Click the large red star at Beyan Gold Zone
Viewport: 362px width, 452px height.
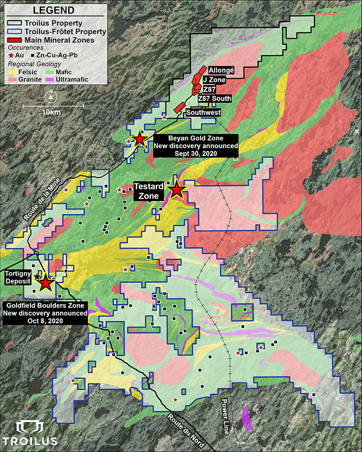pyautogui.click(x=139, y=139)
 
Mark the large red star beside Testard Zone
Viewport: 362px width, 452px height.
pyautogui.click(x=177, y=190)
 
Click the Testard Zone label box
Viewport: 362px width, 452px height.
pyautogui.click(x=149, y=191)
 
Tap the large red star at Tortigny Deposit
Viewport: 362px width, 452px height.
pyautogui.click(x=46, y=282)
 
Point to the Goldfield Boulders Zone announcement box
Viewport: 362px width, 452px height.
pyautogui.click(x=44, y=313)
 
